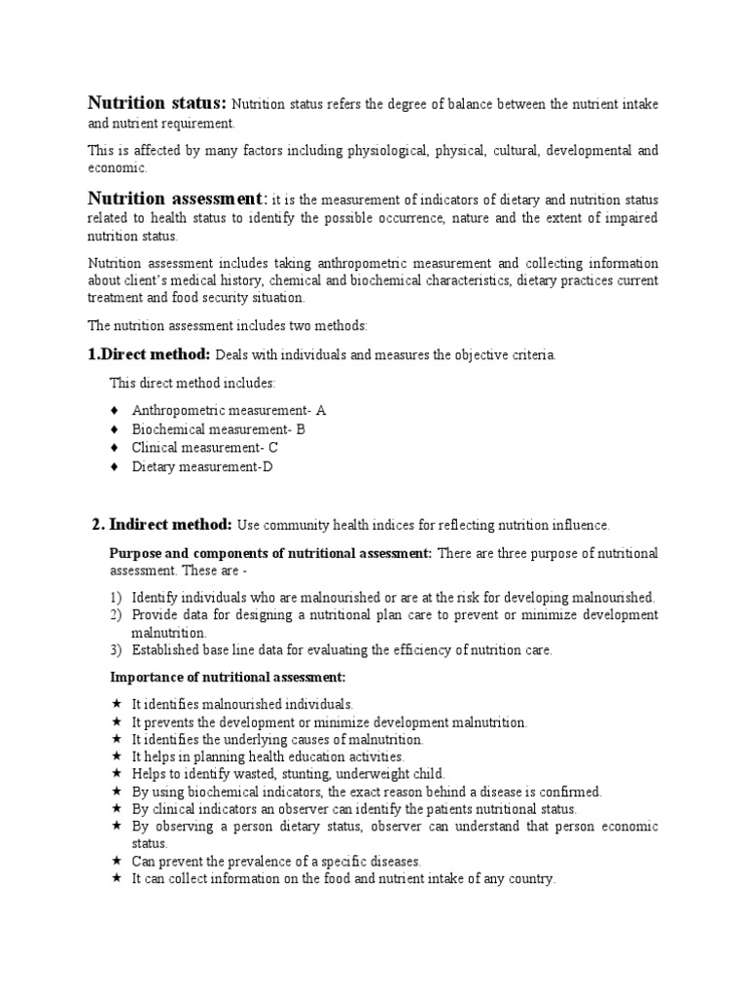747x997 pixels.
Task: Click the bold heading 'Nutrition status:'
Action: click(158, 103)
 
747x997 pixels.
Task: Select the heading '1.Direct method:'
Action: click(149, 354)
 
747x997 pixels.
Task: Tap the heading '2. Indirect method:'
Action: click(161, 525)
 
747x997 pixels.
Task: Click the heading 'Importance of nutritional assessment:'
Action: click(228, 677)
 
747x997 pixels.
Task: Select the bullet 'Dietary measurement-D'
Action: click(203, 467)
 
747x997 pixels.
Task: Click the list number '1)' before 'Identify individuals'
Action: click(115, 597)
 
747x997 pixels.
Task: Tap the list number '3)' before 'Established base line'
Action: click(115, 650)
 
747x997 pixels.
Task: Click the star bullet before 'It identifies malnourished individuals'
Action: click(115, 704)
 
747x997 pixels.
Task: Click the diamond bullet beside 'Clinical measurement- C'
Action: click(114, 448)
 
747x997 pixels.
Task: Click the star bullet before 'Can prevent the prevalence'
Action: click(115, 862)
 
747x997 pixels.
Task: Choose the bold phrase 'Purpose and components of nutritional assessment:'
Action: click(270, 553)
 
